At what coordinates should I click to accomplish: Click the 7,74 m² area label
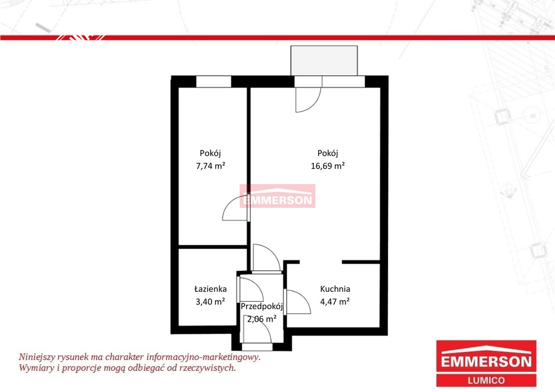pyautogui.click(x=211, y=166)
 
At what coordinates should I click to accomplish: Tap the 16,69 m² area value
pyautogui.click(x=328, y=166)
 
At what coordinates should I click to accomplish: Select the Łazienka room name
pyautogui.click(x=211, y=289)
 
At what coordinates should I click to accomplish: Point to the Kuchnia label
pyautogui.click(x=335, y=289)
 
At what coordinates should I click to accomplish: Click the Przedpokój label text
pyautogui.click(x=262, y=306)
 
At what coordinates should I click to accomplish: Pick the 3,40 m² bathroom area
pyautogui.click(x=211, y=302)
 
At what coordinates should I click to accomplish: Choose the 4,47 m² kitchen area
pyautogui.click(x=335, y=302)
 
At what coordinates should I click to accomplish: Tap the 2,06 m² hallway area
pyautogui.click(x=262, y=319)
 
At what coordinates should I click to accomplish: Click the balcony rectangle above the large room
pyautogui.click(x=324, y=61)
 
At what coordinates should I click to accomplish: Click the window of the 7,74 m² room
pyautogui.click(x=214, y=82)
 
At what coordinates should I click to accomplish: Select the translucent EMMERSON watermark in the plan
pyautogui.click(x=277, y=196)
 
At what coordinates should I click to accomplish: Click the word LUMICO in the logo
pyautogui.click(x=486, y=380)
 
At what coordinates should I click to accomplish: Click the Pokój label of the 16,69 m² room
pyautogui.click(x=328, y=153)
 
